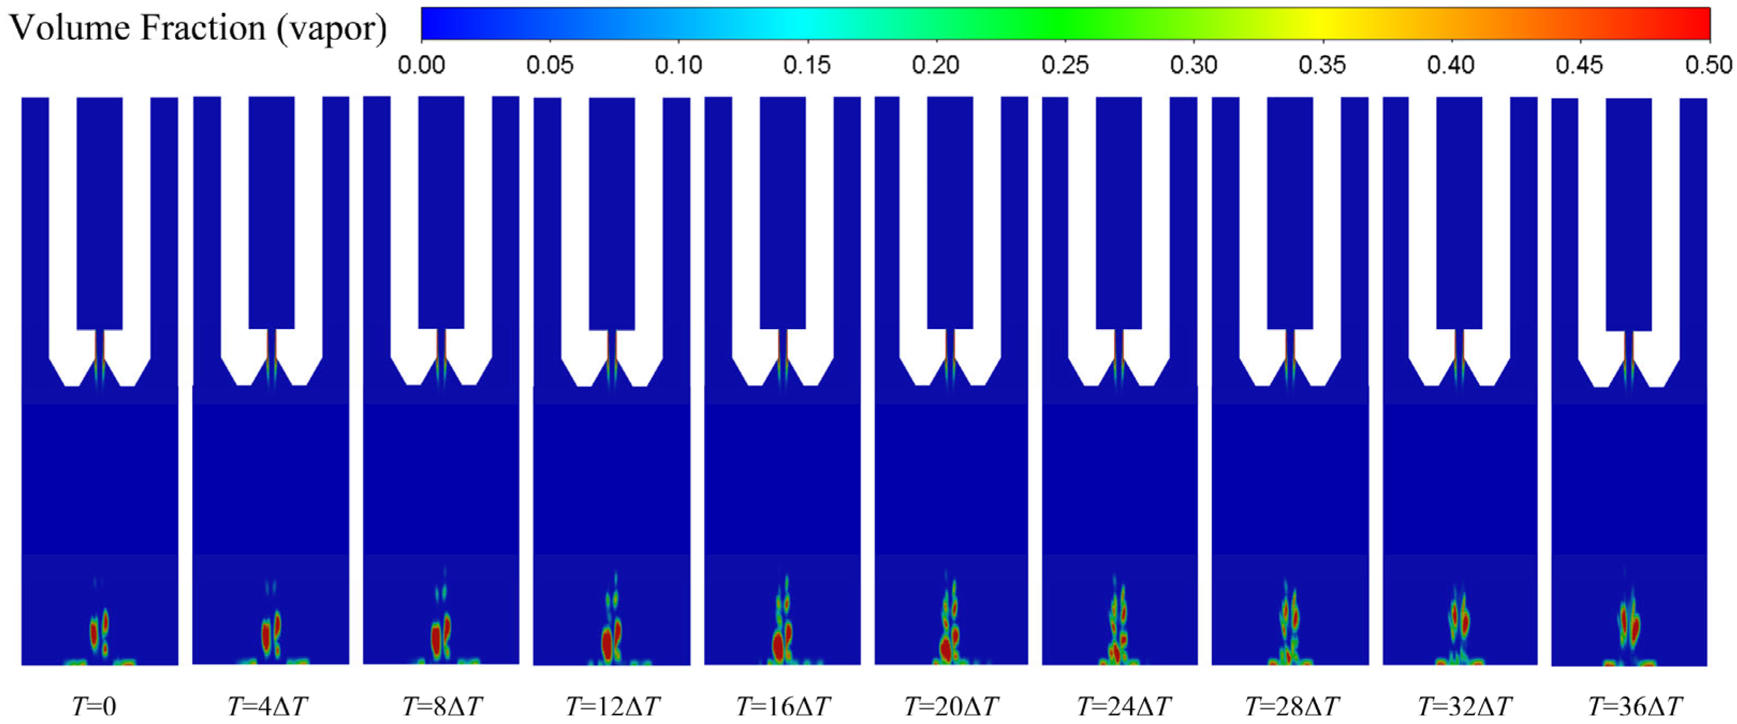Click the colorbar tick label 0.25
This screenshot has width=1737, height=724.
point(1065,65)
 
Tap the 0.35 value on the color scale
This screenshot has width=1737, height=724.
point(1322,65)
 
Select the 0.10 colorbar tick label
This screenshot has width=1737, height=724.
point(679,65)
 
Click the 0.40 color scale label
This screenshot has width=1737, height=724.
point(1451,65)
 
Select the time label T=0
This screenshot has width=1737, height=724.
point(94,706)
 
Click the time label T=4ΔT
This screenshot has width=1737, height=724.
point(267,706)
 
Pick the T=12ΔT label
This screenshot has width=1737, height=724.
point(612,706)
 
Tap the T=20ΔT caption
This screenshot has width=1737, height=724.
point(951,706)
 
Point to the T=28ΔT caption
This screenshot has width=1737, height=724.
point(1292,706)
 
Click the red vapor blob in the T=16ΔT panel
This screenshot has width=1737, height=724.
point(779,646)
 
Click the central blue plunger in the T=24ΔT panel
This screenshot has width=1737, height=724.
point(1118,212)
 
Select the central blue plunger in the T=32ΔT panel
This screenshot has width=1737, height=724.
point(1459,212)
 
